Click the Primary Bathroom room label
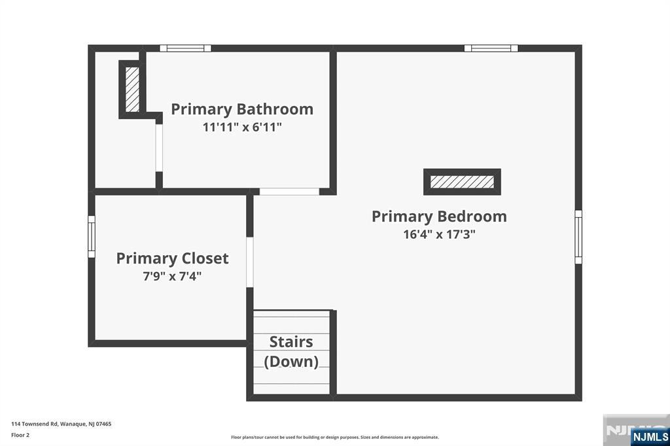pos(242,109)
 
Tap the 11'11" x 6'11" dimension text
pos(242,127)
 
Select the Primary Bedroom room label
pos(439,216)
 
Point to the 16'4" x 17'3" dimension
pos(439,234)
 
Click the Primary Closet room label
pos(172,258)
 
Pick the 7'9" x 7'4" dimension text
pos(172,276)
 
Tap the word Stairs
pos(291,342)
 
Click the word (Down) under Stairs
pos(291,361)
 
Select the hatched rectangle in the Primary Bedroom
pos(462,182)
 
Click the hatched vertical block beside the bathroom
pos(132,89)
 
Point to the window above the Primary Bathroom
pos(186,48)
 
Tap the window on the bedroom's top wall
pos(491,48)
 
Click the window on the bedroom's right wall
pos(578,237)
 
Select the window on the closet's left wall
pos(92,237)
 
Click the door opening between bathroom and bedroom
pos(289,192)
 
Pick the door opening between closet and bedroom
pos(249,262)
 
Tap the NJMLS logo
pos(650,436)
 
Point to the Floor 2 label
pos(20,434)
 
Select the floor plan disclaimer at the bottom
pos(334,437)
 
